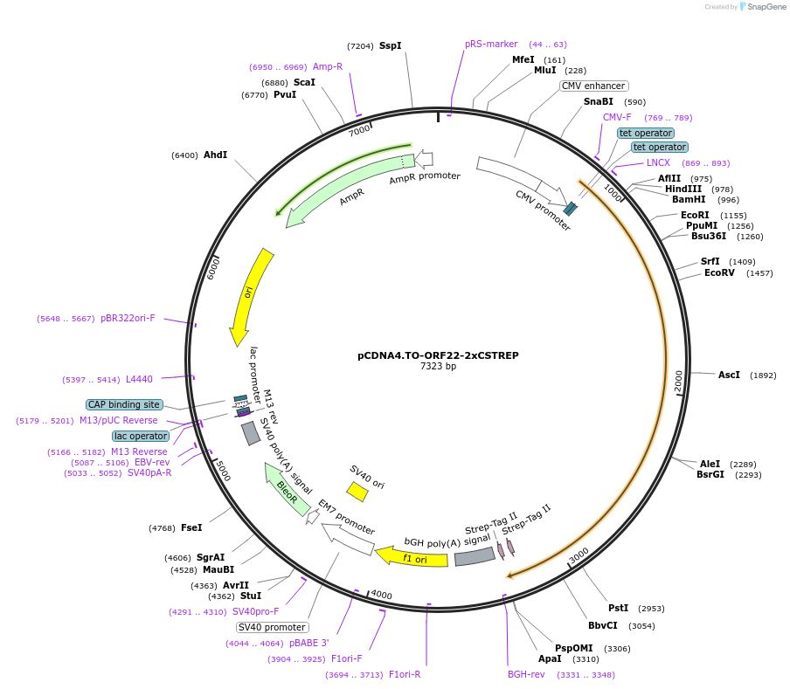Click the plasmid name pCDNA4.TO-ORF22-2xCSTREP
pyautogui.click(x=438, y=355)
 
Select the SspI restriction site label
pyautogui.click(x=390, y=45)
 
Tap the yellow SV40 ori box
pyautogui.click(x=357, y=492)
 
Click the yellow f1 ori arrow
pyautogui.click(x=412, y=556)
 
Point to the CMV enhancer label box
pyautogui.click(x=593, y=86)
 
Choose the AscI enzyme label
pyautogui.click(x=729, y=375)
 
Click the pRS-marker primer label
pyautogui.click(x=491, y=44)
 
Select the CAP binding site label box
pyautogui.click(x=124, y=404)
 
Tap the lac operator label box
pyautogui.click(x=141, y=436)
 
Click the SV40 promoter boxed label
pyautogui.click(x=272, y=627)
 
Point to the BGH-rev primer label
pyautogui.click(x=526, y=674)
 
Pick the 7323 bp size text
pyautogui.click(x=438, y=367)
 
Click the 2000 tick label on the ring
pyautogui.click(x=678, y=382)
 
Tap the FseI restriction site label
pyautogui.click(x=191, y=527)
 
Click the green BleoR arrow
pyautogui.click(x=287, y=489)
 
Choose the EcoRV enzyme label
pyautogui.click(x=720, y=272)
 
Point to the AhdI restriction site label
pyautogui.click(x=215, y=155)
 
